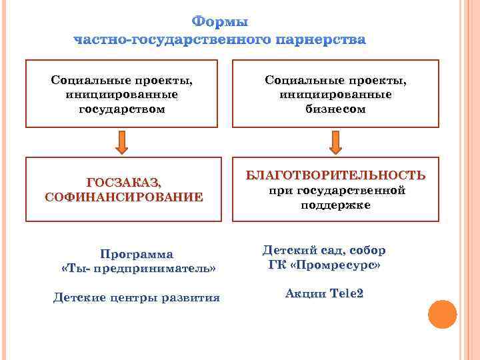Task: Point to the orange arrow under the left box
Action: tap(122, 142)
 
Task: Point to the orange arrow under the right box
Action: tap(335, 142)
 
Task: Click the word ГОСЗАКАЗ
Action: tap(124, 182)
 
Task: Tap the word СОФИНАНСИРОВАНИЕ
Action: tap(124, 197)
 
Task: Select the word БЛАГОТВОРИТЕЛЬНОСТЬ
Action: tap(335, 175)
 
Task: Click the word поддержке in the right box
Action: tap(335, 205)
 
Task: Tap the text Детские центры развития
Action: tap(137, 297)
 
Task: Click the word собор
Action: tap(367, 251)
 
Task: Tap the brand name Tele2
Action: tap(347, 293)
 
